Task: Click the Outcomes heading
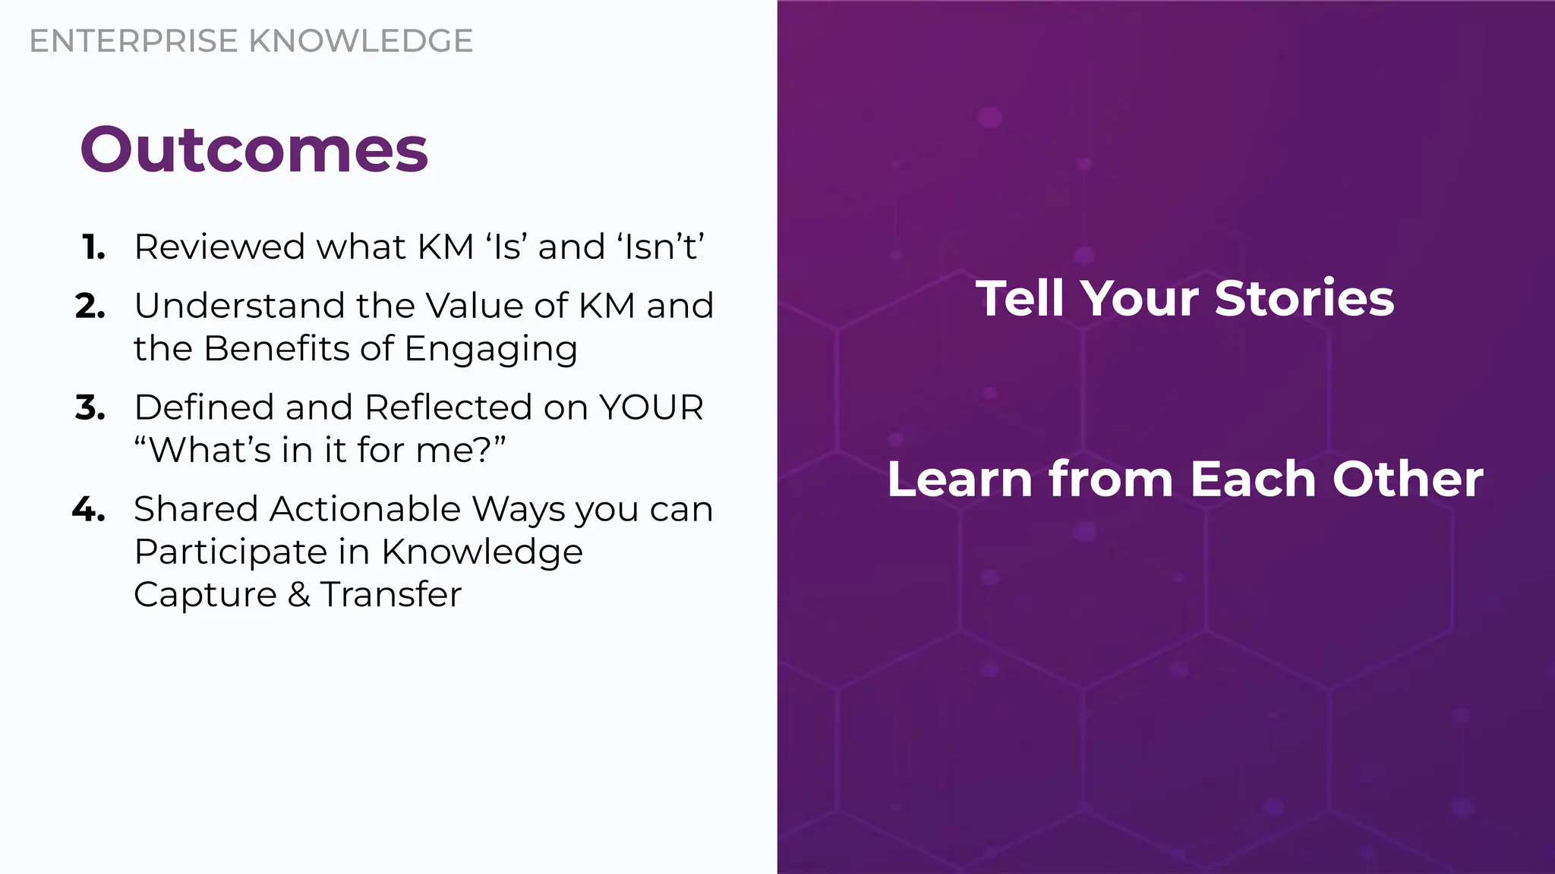pos(254,149)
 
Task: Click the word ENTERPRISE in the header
pos(134,41)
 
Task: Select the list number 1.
pos(93,247)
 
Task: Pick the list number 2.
pos(90,306)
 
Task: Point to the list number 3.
pos(90,407)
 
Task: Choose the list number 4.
pos(89,509)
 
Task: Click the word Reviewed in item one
pos(219,247)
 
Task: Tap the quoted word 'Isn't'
pos(661,247)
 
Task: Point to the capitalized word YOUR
pos(651,407)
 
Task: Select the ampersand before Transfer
pos(299,595)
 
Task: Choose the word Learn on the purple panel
pos(960,479)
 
